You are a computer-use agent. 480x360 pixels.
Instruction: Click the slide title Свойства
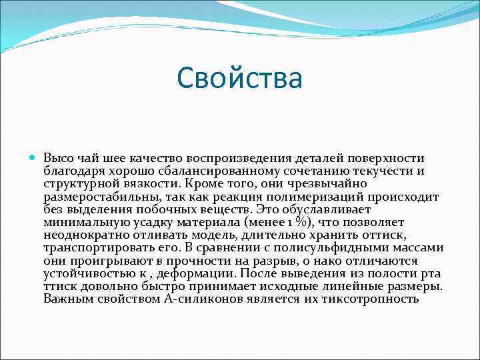click(x=240, y=78)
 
